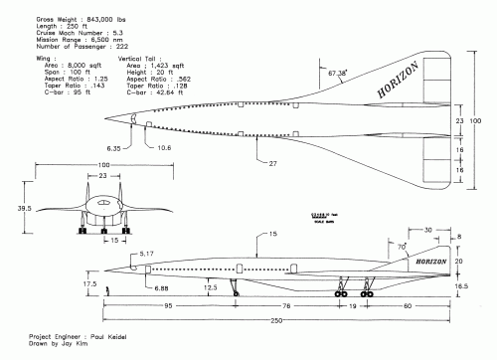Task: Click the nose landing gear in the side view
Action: coord(233,288)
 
